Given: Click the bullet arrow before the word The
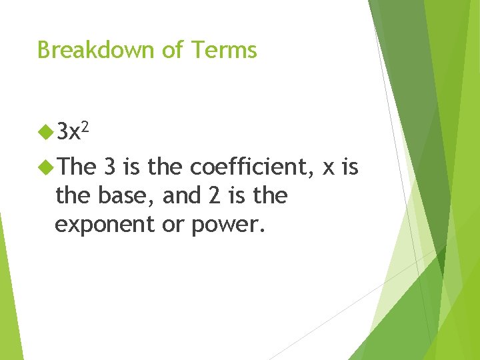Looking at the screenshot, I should (46, 167).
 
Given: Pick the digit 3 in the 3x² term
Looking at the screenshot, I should (63, 133).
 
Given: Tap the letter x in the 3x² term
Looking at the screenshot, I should (79, 135).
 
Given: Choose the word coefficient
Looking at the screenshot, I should (250, 167).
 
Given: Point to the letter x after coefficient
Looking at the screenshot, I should (329, 169).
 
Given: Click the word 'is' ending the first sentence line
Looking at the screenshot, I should (350, 167).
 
